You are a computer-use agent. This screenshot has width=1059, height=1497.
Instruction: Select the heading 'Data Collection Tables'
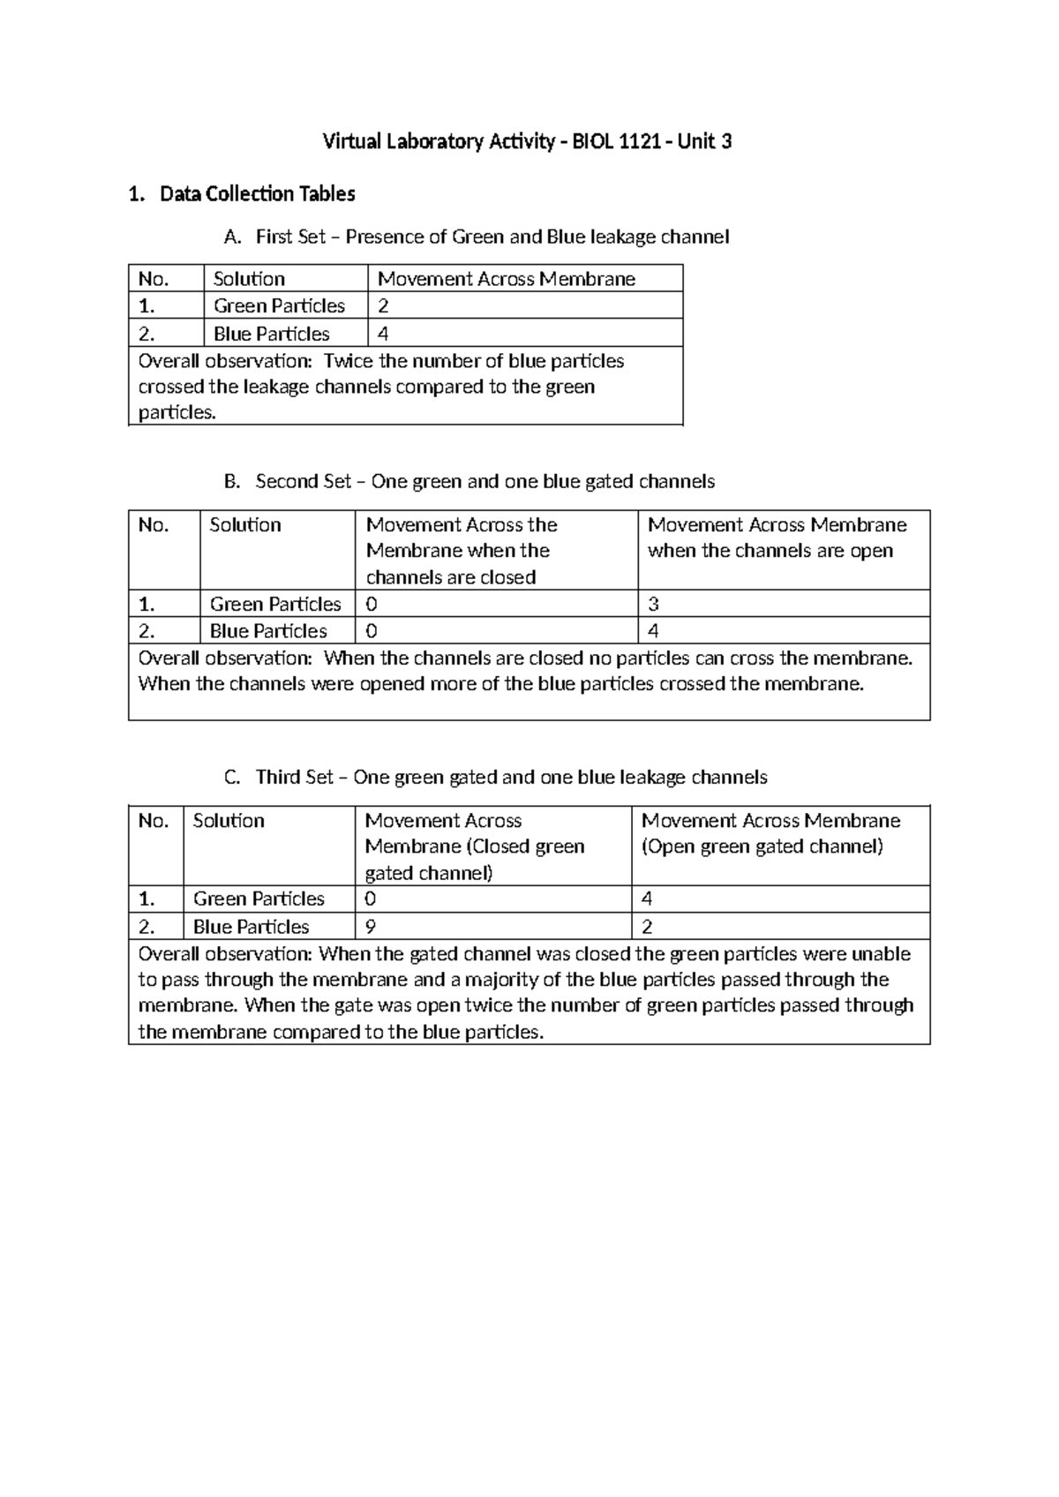[x=257, y=194]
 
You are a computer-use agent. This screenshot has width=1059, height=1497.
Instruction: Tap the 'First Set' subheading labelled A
[x=492, y=237]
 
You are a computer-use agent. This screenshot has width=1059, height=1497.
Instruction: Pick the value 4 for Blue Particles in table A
[x=383, y=334]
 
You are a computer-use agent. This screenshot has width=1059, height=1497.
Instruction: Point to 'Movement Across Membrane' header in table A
[x=507, y=279]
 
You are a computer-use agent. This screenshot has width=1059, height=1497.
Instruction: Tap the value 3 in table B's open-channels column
[x=653, y=604]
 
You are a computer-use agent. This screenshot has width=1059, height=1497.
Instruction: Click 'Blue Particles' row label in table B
[x=268, y=631]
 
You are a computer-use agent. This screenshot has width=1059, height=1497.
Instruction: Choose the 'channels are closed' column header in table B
[x=451, y=577]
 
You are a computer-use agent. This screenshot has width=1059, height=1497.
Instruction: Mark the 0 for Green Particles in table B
[x=372, y=604]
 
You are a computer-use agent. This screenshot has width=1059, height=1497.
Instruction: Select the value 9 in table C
[x=370, y=927]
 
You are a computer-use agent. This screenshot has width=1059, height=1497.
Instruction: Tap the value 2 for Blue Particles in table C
[x=647, y=927]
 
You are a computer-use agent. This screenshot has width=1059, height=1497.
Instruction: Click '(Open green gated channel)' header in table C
[x=762, y=846]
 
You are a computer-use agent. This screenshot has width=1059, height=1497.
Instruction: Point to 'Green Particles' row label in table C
[x=259, y=899]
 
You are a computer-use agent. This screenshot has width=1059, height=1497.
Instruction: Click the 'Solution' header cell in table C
[x=229, y=821]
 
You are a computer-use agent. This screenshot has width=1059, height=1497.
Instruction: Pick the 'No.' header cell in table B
[x=153, y=525]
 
